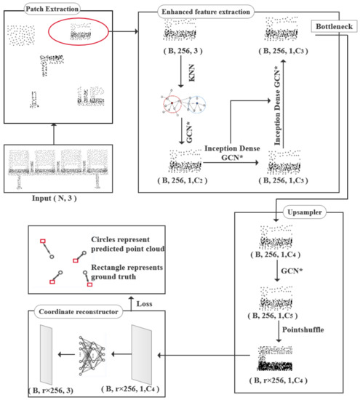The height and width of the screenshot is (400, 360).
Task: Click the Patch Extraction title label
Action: pos(52,9)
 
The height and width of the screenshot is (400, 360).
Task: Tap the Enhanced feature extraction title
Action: pos(206,12)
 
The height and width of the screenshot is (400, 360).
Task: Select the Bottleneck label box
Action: pos(334,26)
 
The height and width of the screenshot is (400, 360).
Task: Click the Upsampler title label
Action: pos(305,212)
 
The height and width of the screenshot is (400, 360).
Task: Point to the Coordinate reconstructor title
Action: pos(79,312)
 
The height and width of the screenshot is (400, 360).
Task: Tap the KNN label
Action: pos(191,73)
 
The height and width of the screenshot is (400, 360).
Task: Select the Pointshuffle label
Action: pos(303,329)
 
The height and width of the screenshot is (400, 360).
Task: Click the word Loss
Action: pos(144,304)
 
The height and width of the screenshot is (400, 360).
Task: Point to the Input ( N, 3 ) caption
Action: pos(54,199)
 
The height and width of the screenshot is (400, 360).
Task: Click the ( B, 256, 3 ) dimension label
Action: pos(183,51)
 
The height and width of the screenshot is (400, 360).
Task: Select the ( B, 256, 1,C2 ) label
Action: pos(183,180)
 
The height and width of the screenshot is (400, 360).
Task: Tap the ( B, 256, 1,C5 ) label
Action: pos(273,316)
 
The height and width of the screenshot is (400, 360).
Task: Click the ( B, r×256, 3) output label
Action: pos(51,391)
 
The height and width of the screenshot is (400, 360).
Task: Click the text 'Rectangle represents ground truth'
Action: pos(127,272)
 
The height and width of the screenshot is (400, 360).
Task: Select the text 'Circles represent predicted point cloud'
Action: pos(127,244)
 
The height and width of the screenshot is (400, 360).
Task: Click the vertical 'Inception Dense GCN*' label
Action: pos(277,105)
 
